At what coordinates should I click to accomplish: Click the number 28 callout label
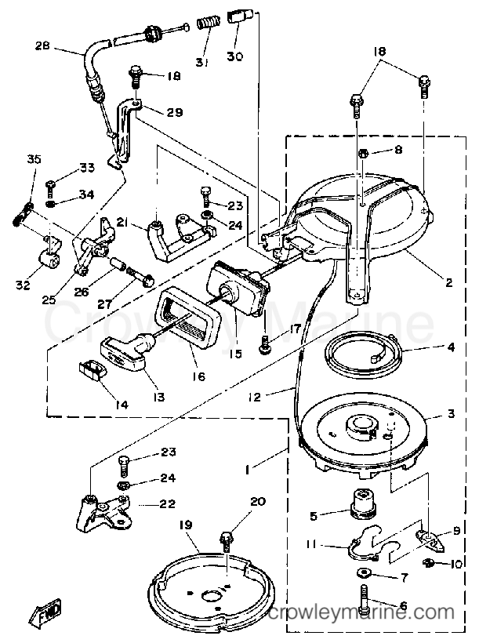pos(42,45)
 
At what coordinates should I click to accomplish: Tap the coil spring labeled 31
pos(206,21)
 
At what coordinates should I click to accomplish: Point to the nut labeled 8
pos(362,154)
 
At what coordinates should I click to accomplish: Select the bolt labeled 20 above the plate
pos(226,541)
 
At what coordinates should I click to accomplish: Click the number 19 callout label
pos(185,525)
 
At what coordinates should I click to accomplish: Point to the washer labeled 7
pos(362,572)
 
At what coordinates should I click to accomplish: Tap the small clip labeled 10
pos(429,563)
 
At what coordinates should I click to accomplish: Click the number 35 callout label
pos(34,158)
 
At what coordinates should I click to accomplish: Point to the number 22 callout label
pos(167,503)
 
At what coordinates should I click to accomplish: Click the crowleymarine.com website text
pos(361,612)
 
